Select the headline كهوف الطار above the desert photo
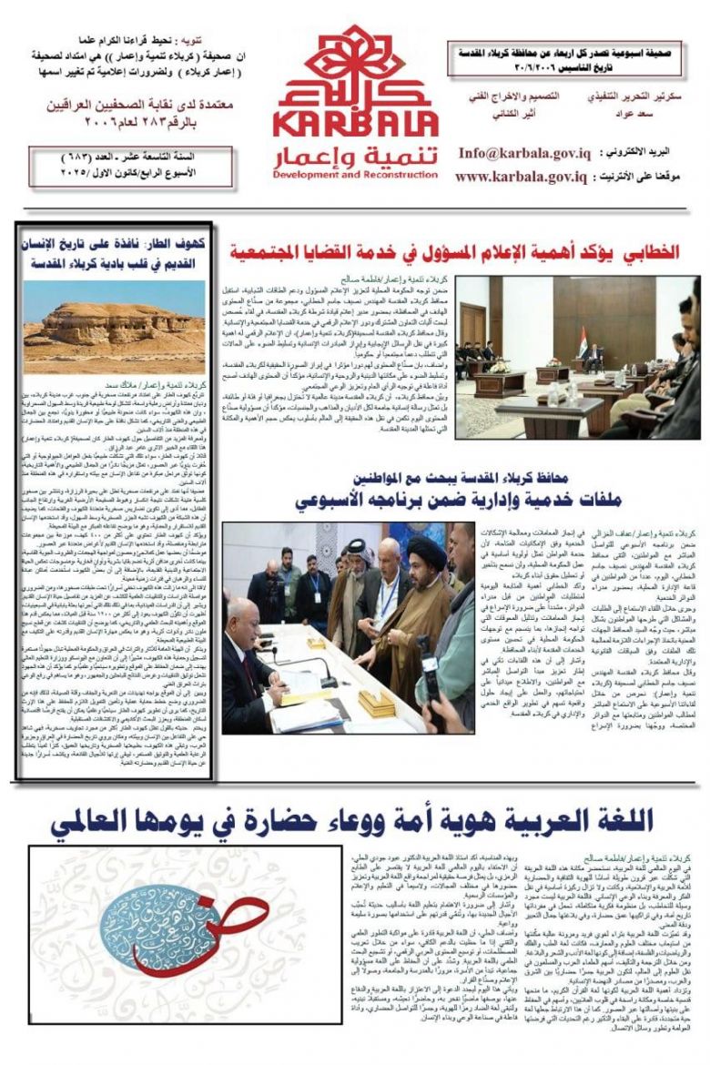point(115,254)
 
